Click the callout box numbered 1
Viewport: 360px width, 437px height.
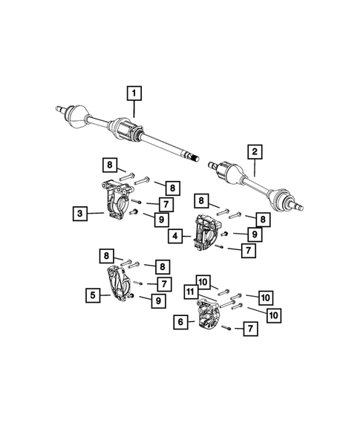134,93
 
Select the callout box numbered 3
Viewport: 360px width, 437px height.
79,214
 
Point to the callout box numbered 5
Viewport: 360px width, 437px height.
93,295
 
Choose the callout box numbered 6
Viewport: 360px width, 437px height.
180,321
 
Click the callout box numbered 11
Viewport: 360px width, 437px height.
191,293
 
